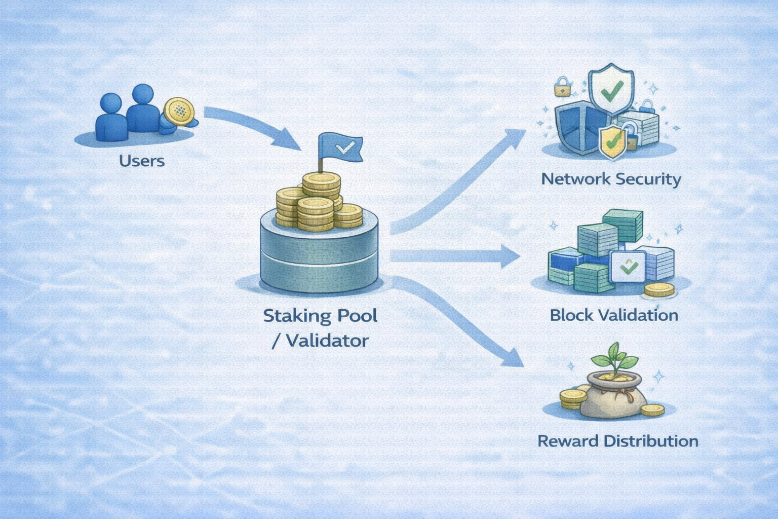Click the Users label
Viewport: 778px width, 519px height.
pos(142,161)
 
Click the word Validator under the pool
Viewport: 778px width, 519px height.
pos(327,340)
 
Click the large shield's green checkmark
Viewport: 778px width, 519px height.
pos(612,91)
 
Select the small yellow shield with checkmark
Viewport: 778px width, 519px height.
pos(611,141)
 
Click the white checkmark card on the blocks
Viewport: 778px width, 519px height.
pos(628,266)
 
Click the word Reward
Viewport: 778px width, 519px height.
pos(568,441)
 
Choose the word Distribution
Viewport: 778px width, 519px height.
pos(651,441)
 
